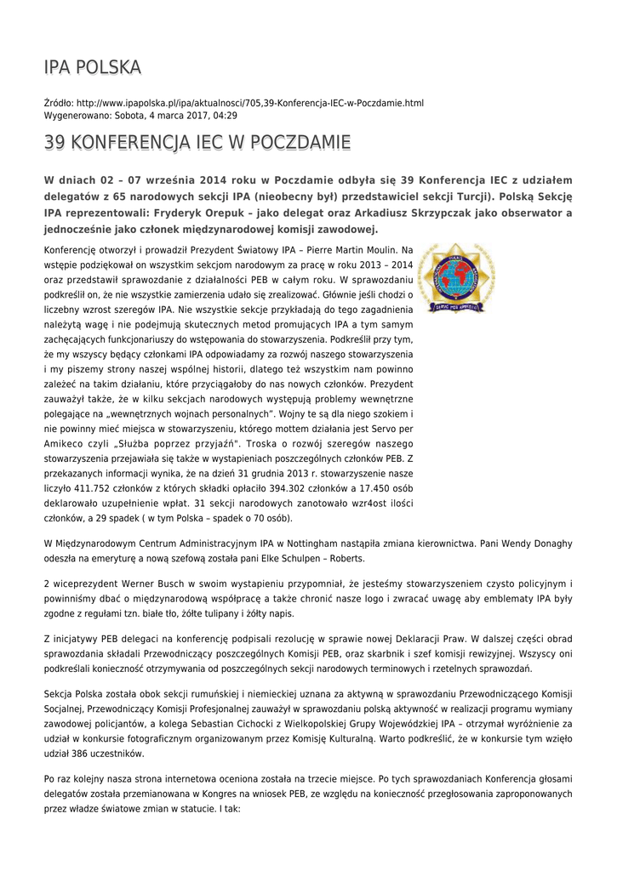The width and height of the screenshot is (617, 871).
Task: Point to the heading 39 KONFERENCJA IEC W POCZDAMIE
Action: pyautogui.click(x=197, y=143)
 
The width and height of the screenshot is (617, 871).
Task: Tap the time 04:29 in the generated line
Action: pyautogui.click(x=225, y=115)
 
